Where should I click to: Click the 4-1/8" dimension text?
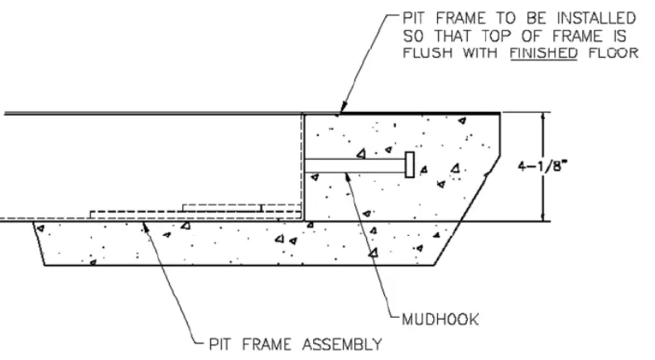543,166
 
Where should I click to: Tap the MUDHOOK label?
441,319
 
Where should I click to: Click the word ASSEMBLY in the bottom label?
342,344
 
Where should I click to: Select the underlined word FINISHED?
543,53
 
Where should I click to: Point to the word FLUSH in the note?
427,53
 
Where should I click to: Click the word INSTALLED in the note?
596,18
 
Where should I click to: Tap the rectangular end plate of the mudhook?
410,165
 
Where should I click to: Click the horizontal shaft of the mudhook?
355,166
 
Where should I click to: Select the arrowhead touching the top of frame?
344,107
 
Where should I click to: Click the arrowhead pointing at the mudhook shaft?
348,176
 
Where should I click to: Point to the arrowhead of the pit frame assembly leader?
145,228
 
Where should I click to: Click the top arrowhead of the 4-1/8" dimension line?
543,117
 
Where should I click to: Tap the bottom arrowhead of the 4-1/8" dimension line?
543,217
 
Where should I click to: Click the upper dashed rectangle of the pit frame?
242,208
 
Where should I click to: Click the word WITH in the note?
480,53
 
